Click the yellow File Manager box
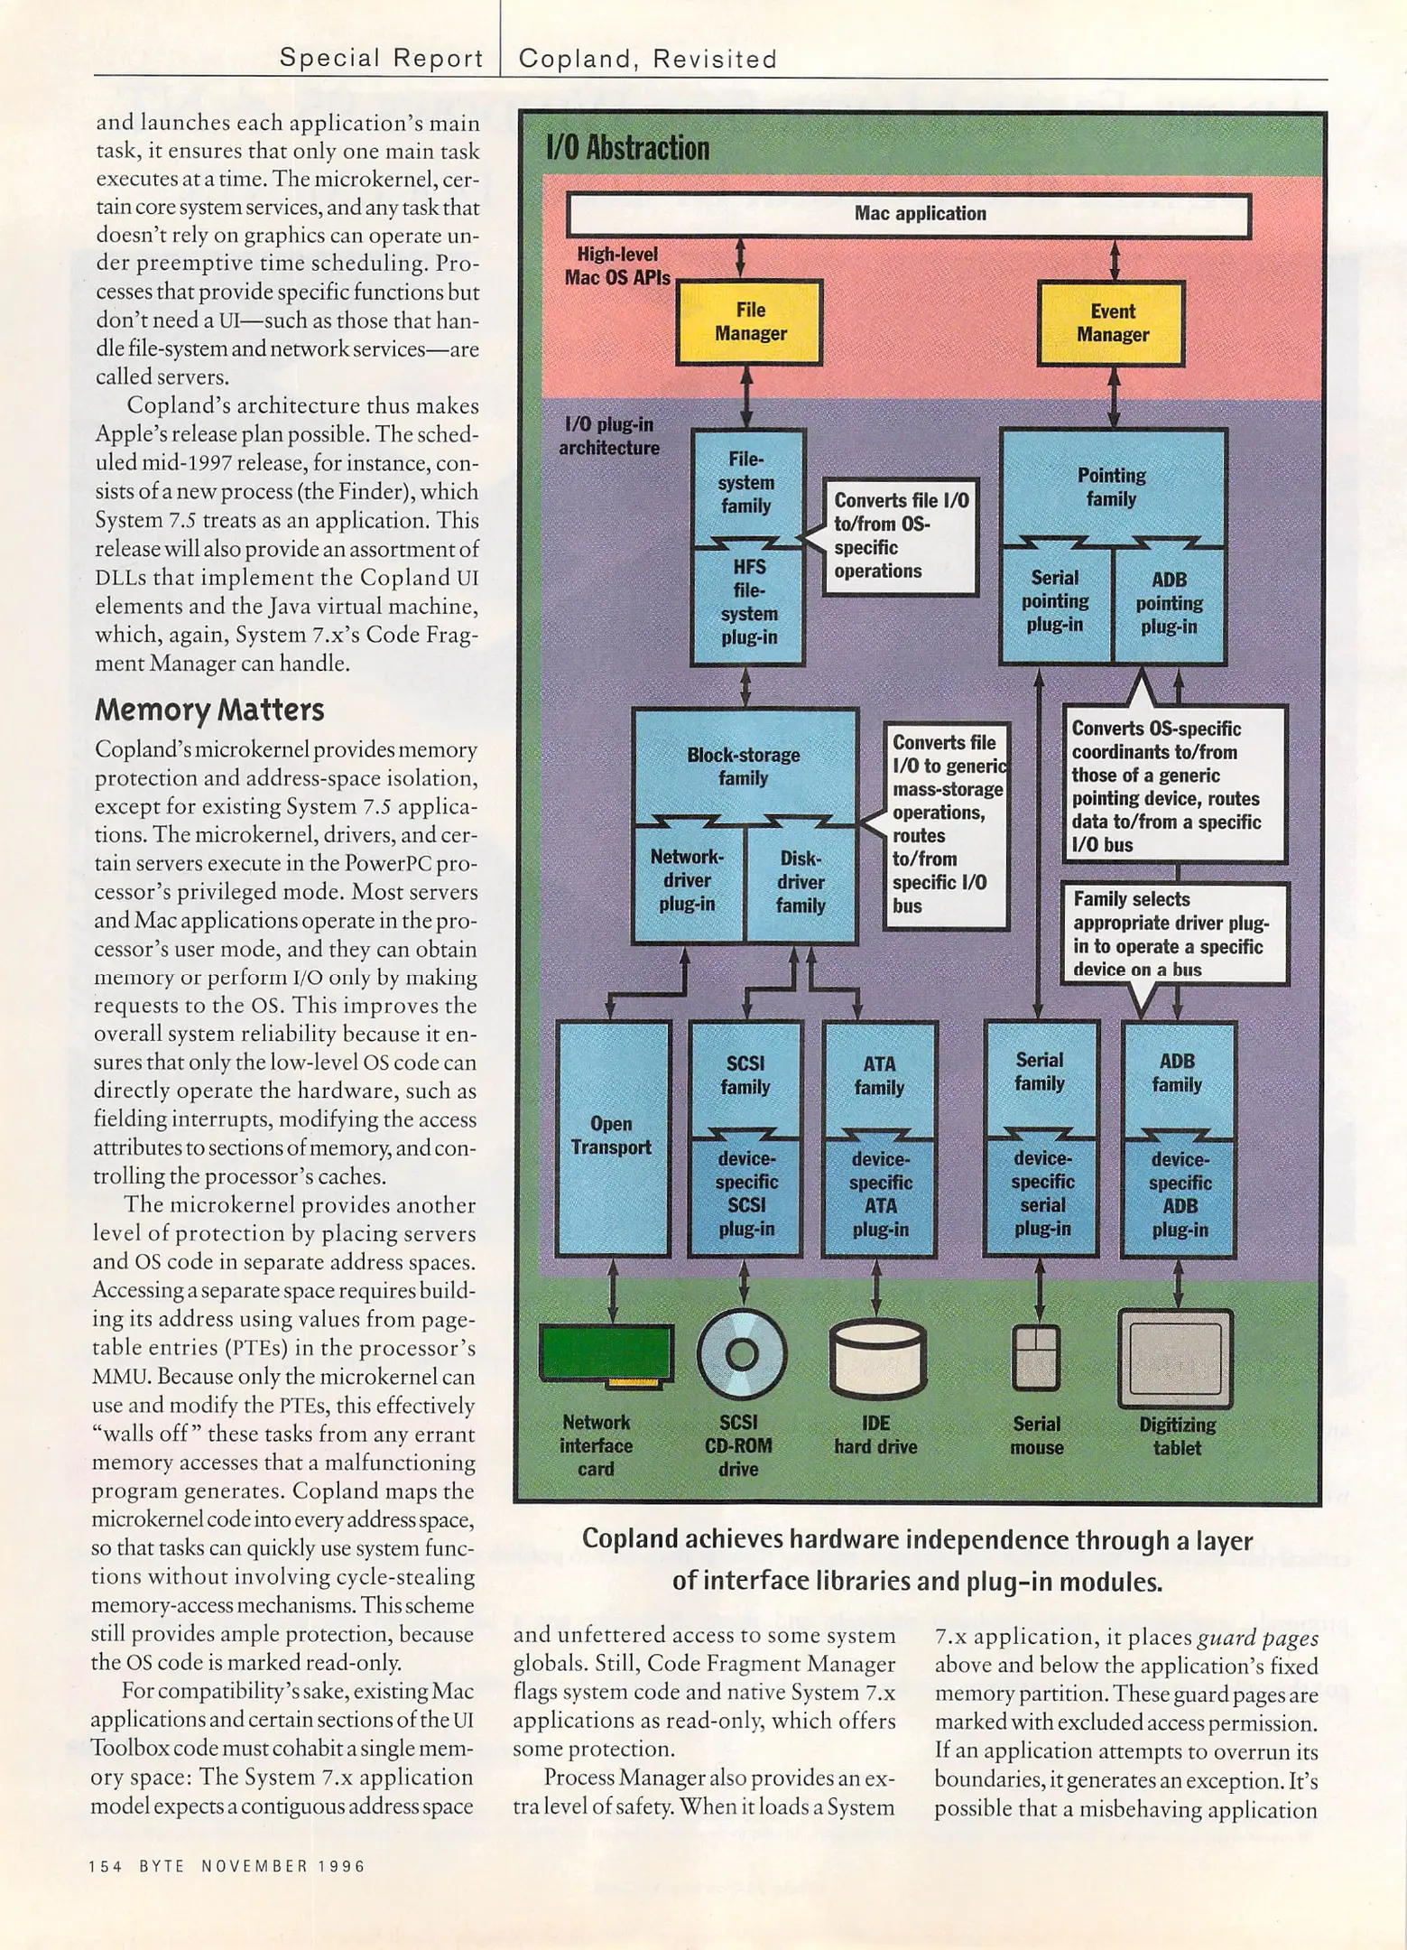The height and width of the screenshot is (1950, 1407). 749,322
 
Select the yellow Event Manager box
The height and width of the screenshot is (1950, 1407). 1111,323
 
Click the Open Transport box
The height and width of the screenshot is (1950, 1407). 613,1137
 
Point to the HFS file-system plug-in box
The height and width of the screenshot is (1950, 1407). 747,603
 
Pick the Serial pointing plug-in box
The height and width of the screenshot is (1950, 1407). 1056,602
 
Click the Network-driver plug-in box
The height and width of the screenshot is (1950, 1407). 688,881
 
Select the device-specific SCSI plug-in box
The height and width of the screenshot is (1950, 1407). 745,1193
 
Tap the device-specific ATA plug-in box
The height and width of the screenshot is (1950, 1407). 880,1194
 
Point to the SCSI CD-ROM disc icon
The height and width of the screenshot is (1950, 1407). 742,1352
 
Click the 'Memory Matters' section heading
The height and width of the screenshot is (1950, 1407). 209,710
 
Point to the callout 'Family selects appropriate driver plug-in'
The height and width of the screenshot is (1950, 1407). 1173,934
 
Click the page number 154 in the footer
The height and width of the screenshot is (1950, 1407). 106,1866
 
